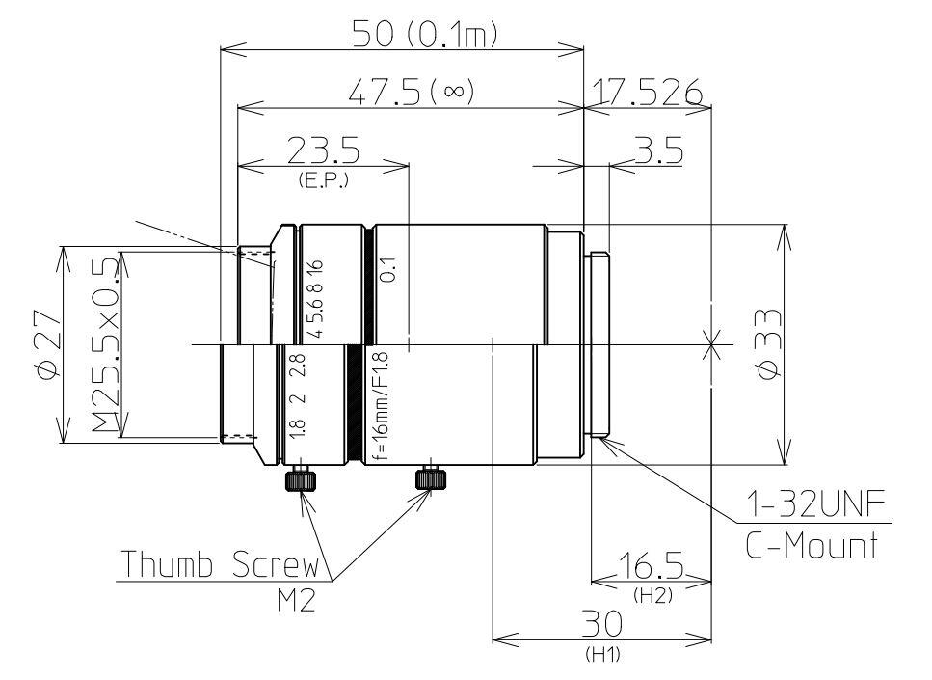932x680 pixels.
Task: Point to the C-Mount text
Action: point(812,547)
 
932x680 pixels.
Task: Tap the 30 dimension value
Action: point(602,626)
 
